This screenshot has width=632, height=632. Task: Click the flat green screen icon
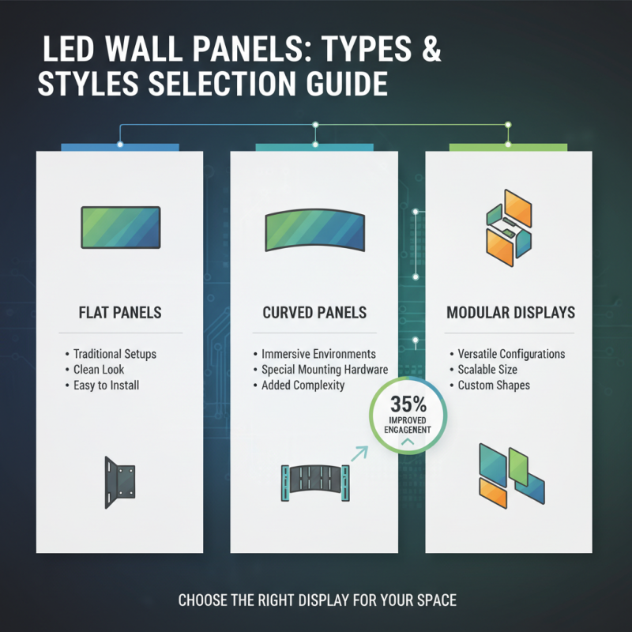point(120,228)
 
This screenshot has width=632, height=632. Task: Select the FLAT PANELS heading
point(120,313)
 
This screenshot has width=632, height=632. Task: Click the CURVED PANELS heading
point(314,313)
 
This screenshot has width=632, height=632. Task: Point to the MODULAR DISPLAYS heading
point(510,313)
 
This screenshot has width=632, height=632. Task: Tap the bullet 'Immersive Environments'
point(318,354)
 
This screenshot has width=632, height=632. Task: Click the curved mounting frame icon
point(314,481)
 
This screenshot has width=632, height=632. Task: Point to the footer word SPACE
point(434,600)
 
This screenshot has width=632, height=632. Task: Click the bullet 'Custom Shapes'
point(494,386)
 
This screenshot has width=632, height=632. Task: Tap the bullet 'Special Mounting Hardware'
point(324,370)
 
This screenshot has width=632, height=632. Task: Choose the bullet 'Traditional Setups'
point(115,354)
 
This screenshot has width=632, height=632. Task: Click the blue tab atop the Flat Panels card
point(120,148)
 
